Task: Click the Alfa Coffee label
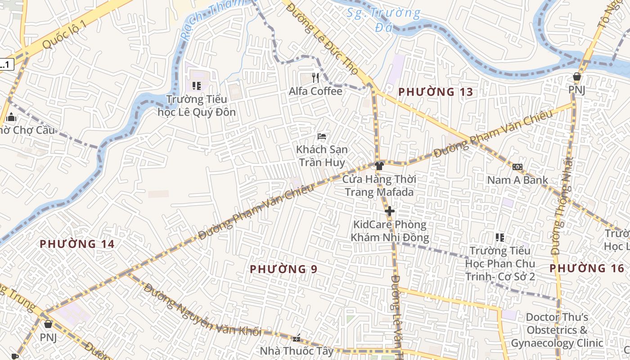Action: tap(315, 91)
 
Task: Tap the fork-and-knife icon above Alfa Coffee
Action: tap(315, 78)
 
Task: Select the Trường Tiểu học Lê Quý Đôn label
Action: tap(197, 105)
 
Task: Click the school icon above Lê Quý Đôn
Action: tap(196, 85)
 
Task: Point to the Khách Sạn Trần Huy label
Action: tap(322, 156)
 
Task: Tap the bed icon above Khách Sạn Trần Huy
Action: tap(322, 136)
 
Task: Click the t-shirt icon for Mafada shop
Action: tap(379, 166)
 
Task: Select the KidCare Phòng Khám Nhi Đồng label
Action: tap(390, 231)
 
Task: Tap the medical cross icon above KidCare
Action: tap(390, 211)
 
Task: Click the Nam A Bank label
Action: tap(517, 180)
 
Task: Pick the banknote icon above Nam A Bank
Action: tap(517, 167)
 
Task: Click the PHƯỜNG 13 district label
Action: tap(436, 92)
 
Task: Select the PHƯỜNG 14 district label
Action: tap(77, 244)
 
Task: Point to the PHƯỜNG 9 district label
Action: tap(283, 269)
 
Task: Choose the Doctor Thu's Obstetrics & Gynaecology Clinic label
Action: tap(557, 330)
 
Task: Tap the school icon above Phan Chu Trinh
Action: tap(499, 237)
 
